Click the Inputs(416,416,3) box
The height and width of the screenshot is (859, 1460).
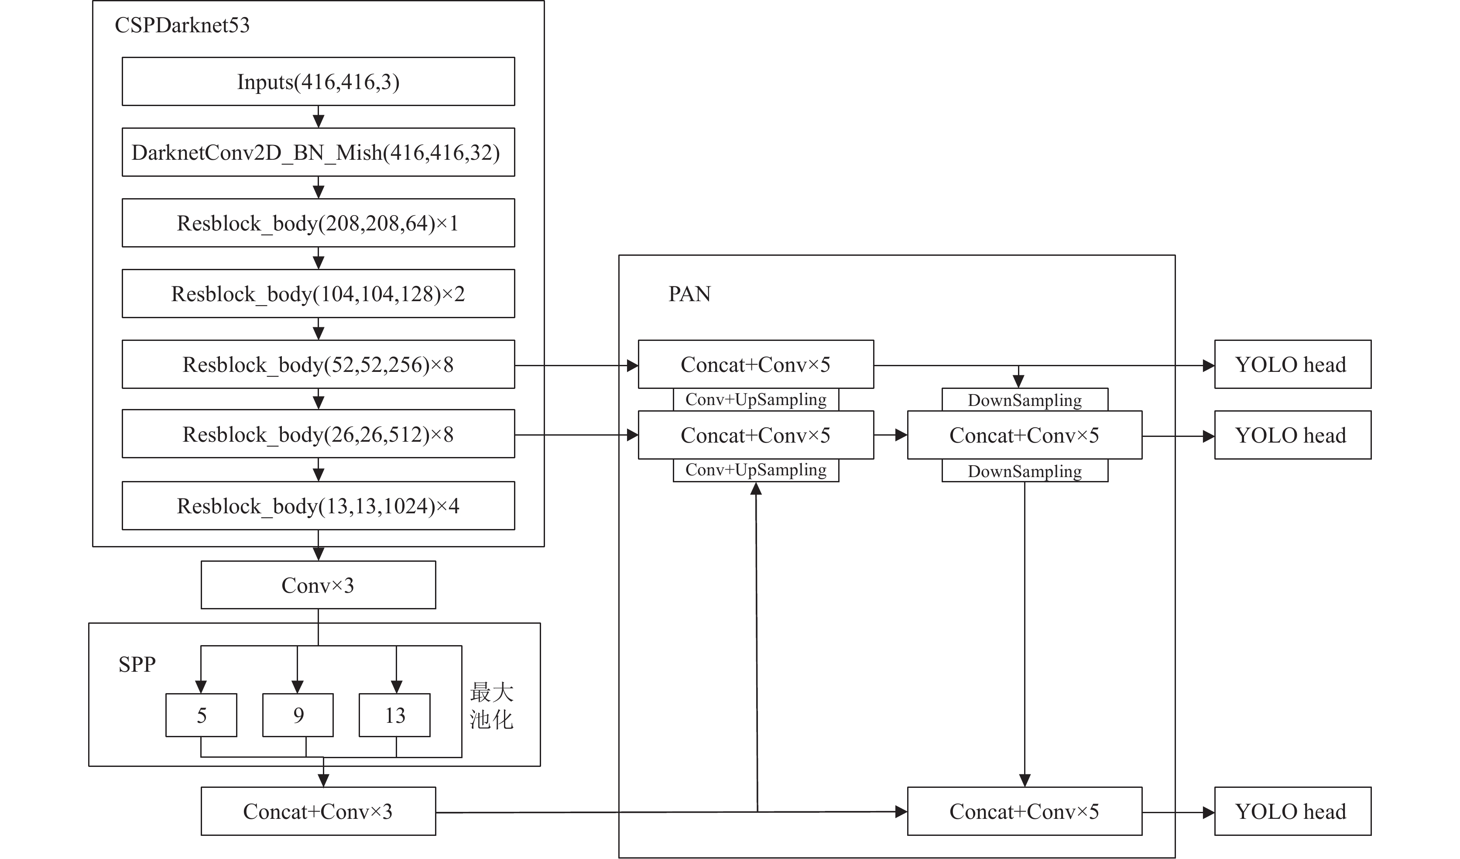tap(318, 81)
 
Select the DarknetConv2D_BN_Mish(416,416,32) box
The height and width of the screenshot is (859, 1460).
tap(318, 152)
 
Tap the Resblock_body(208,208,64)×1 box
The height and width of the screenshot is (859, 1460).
tap(318, 223)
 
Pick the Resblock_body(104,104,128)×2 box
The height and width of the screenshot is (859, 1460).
tap(318, 293)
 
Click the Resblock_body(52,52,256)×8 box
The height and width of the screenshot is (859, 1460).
tap(318, 364)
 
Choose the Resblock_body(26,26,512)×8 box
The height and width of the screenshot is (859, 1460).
tap(318, 434)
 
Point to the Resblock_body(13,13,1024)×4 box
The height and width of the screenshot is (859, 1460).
tap(318, 505)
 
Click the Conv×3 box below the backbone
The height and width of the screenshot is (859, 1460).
tap(318, 585)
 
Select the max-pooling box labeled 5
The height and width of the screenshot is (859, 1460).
tap(201, 715)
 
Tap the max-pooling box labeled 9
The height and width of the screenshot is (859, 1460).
tap(298, 715)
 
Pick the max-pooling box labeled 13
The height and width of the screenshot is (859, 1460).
tap(394, 715)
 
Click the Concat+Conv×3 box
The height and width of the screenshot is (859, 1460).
tap(318, 811)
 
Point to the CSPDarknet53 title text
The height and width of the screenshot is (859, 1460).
tap(182, 25)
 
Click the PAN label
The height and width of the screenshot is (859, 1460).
tap(689, 294)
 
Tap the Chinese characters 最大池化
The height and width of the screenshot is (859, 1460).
tap(491, 705)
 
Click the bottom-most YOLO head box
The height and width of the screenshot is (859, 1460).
tap(1292, 811)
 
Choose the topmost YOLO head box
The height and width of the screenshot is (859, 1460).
tap(1292, 364)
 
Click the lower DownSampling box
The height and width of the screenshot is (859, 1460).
tap(1025, 471)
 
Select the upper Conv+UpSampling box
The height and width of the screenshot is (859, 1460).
tap(755, 399)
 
